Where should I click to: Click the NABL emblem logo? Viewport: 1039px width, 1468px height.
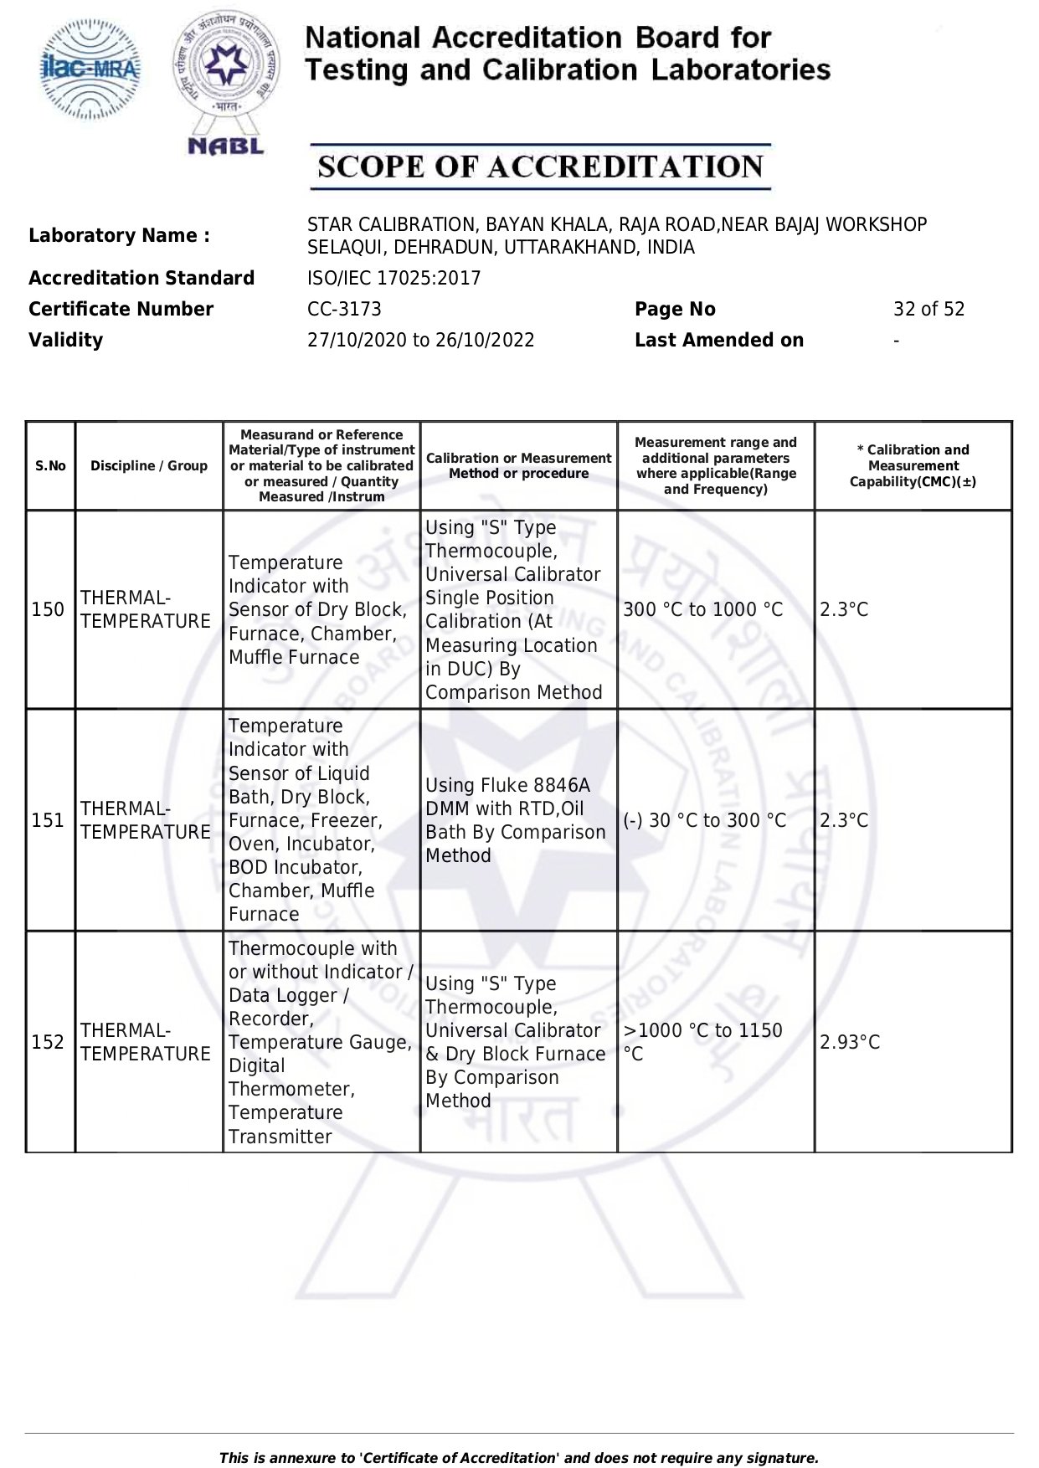coord(225,82)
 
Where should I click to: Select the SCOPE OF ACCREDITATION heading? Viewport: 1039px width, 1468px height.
coord(540,167)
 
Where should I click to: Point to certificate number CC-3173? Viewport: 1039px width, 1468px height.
coord(344,309)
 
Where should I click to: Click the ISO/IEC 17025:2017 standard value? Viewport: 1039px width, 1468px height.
coord(393,278)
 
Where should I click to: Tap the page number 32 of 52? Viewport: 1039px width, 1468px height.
coord(928,309)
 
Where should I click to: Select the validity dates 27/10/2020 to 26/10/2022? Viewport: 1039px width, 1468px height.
coord(420,340)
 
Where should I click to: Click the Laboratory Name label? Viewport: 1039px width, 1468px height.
coord(119,235)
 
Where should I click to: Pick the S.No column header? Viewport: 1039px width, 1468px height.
coord(50,465)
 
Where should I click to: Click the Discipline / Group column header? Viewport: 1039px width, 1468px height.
coord(149,465)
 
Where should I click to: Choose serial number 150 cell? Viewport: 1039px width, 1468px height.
coord(48,609)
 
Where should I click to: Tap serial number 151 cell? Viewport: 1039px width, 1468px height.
coord(48,820)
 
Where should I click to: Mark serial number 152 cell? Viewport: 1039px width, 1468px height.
coord(48,1042)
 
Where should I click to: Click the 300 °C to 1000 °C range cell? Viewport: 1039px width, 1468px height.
coord(702,609)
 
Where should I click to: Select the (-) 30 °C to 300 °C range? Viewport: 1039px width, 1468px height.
coord(704,820)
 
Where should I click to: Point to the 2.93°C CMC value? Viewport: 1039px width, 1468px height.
coord(850,1042)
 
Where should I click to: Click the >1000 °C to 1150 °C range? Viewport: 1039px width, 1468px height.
coord(702,1042)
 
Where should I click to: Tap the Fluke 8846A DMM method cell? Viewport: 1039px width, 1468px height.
coord(515,820)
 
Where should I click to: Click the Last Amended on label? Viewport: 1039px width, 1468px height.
coord(718,340)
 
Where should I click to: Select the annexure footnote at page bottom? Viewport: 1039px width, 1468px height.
coord(518,1458)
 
